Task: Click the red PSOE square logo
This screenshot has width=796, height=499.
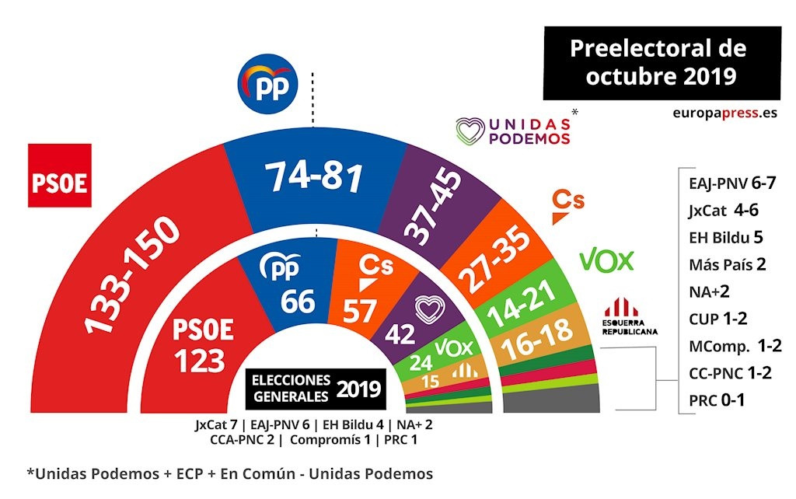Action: (60, 176)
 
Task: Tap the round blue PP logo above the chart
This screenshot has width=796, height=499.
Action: (267, 86)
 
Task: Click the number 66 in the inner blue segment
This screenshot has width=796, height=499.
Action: (298, 301)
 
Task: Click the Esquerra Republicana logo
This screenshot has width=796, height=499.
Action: (630, 314)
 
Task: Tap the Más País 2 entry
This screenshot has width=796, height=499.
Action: (727, 263)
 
